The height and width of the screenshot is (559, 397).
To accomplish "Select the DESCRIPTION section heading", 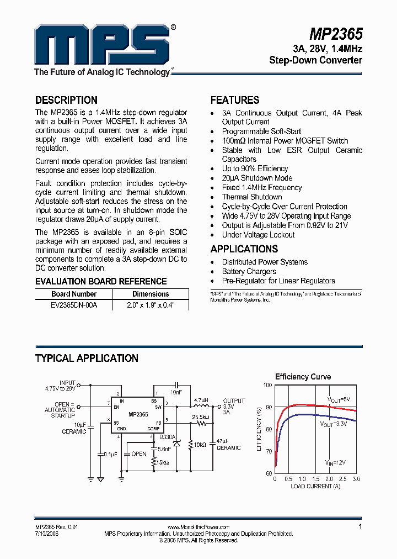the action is pyautogui.click(x=66, y=100).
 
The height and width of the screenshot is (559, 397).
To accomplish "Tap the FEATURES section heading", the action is pyautogui.click(x=235, y=100).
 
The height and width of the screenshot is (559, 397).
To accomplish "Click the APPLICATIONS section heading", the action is pyautogui.click(x=244, y=249).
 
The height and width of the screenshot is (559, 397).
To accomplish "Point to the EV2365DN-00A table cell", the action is pyautogui.click(x=74, y=304).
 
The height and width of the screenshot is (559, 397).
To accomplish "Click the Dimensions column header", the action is pyautogui.click(x=151, y=294).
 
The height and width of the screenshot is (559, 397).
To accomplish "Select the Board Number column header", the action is pyautogui.click(x=74, y=294).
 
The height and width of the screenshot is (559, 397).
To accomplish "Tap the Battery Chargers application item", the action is pyautogui.click(x=249, y=271).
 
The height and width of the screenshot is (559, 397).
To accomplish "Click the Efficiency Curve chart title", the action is pyautogui.click(x=303, y=377).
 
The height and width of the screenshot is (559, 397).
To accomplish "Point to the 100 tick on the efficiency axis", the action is pyautogui.click(x=267, y=385).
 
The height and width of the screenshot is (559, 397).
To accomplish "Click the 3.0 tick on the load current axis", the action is pyautogui.click(x=356, y=479).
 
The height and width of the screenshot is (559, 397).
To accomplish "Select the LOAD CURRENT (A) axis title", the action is pyautogui.click(x=315, y=486).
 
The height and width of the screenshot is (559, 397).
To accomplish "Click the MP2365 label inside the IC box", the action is pyautogui.click(x=138, y=414).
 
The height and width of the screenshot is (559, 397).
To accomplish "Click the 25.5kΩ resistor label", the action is pyautogui.click(x=201, y=417).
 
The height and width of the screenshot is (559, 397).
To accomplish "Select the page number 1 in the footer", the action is pyautogui.click(x=360, y=527).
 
